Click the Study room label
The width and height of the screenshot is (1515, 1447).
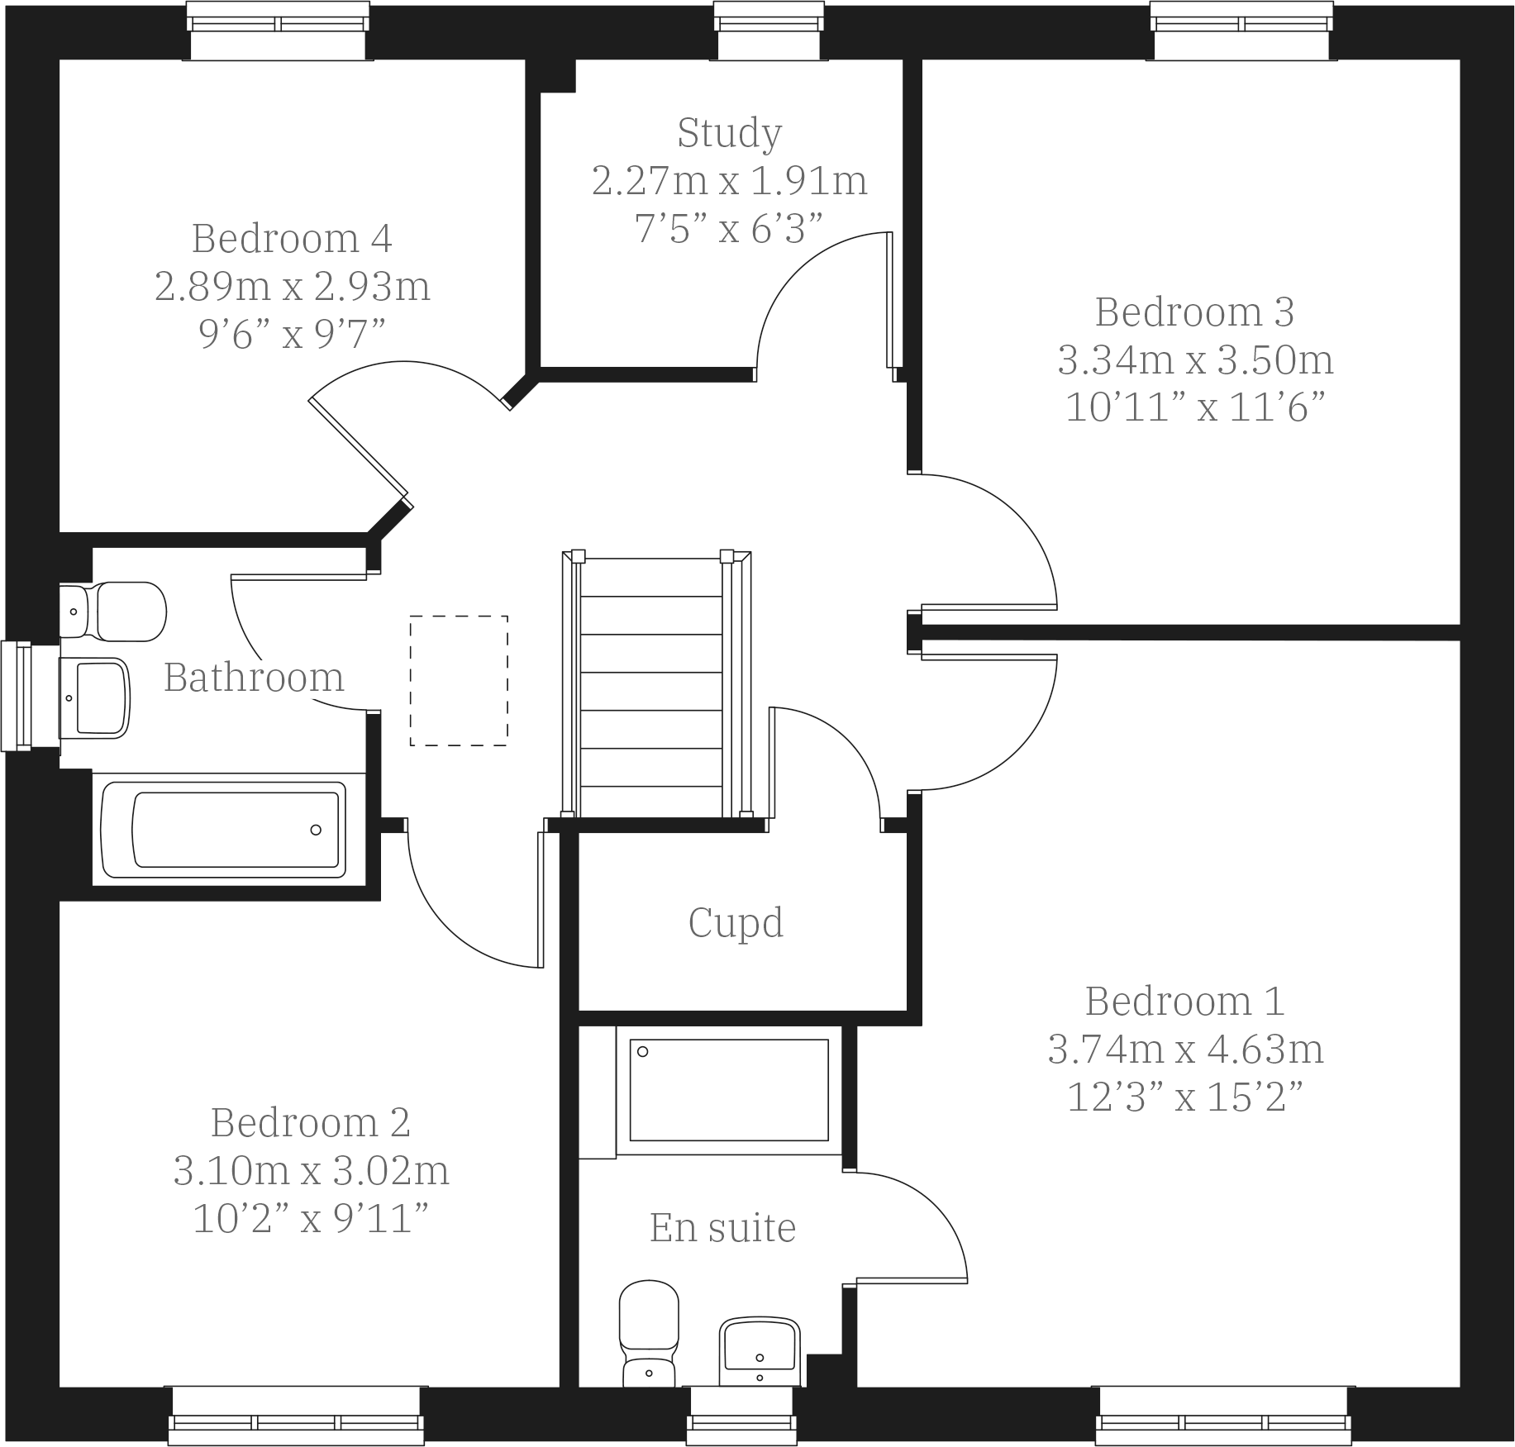(729, 134)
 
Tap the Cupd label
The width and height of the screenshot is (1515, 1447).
(736, 923)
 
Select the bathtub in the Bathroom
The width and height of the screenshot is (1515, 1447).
(223, 830)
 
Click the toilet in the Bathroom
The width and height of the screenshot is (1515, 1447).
(116, 612)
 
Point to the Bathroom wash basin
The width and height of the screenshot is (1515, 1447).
(96, 697)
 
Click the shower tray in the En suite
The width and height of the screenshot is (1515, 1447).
(729, 1090)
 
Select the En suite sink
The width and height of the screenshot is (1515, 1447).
(760, 1350)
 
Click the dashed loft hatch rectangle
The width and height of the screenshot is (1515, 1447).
(459, 681)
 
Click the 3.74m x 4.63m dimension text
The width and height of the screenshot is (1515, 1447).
(1185, 1050)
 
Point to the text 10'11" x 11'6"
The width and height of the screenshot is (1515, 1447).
(1195, 408)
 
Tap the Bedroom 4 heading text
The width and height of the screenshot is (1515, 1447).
(292, 240)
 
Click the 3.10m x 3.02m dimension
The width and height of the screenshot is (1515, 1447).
(311, 1171)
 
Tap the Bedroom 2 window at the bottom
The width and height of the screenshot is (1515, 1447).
(296, 1415)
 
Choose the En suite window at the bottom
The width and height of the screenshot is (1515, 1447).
(742, 1415)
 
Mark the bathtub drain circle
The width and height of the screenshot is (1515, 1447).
(316, 830)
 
